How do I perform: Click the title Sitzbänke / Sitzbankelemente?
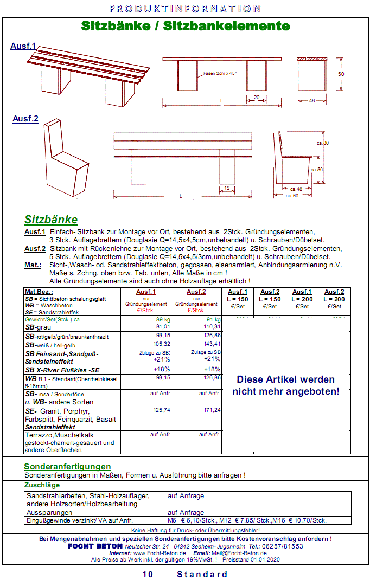pos(185,26)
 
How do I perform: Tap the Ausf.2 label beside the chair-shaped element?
pos(25,119)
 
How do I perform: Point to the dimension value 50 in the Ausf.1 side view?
pos(341,74)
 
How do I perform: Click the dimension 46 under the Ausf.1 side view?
pos(312,101)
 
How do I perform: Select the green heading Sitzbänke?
pos(51,220)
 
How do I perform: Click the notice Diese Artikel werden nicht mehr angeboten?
pos(286,385)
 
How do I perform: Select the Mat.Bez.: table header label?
pos(39,292)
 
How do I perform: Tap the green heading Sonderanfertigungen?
pos(67,467)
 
